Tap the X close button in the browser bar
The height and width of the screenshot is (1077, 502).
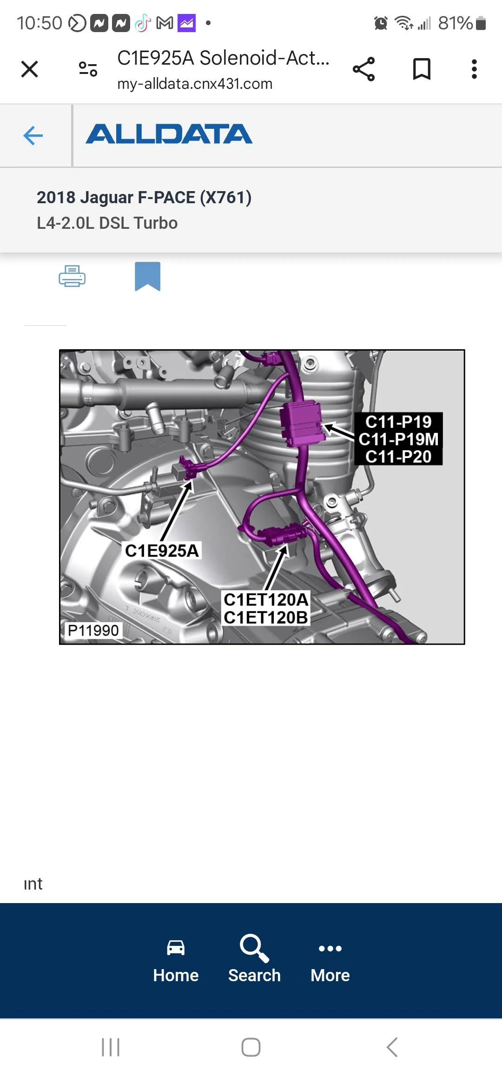click(29, 70)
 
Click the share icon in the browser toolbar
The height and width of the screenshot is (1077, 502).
click(363, 69)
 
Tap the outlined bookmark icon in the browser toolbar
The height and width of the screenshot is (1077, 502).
click(422, 69)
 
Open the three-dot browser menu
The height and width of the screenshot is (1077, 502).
click(474, 69)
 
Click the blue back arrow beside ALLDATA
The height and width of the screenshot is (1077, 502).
click(33, 136)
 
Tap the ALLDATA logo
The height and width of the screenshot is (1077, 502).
click(169, 134)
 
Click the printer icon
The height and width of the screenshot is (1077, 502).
click(72, 276)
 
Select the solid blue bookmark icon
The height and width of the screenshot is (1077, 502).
click(147, 276)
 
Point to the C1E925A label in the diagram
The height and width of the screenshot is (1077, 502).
click(162, 551)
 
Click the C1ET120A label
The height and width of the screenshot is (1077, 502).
click(266, 600)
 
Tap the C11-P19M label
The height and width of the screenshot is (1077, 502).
click(398, 439)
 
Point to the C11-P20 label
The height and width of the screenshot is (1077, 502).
click(398, 457)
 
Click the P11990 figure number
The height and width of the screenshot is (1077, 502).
click(93, 631)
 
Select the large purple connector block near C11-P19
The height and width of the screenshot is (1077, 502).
click(301, 424)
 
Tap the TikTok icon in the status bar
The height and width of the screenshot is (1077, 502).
click(143, 23)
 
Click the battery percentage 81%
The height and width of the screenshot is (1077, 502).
click(455, 23)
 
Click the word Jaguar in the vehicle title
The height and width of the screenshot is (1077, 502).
click(106, 198)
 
